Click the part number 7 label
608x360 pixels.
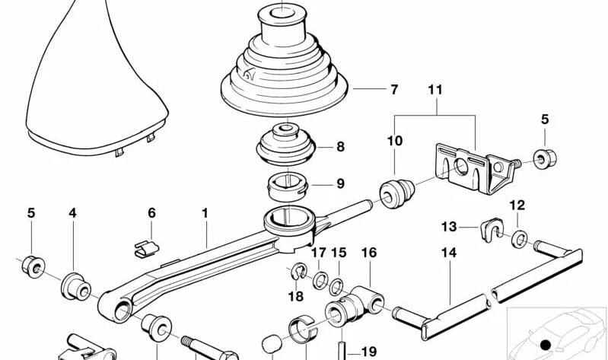click(393, 90)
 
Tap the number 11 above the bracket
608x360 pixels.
click(434, 90)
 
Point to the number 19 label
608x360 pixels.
click(369, 352)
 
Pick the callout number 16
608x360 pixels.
click(369, 252)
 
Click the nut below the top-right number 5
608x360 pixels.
click(544, 159)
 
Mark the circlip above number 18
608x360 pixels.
click(298, 271)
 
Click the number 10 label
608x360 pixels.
click(394, 140)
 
